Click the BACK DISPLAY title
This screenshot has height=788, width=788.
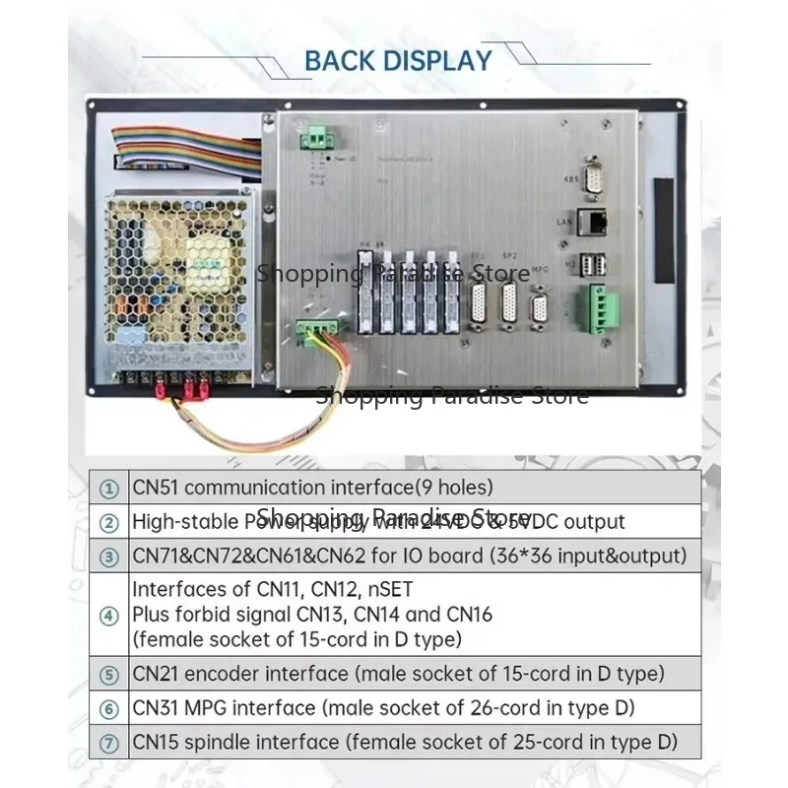coord(397,60)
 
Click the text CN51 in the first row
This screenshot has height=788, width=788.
coord(156,487)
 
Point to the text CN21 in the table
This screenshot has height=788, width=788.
coord(156,675)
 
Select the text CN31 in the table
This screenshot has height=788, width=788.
coord(156,708)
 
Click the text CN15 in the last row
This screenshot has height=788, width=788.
coord(156,742)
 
